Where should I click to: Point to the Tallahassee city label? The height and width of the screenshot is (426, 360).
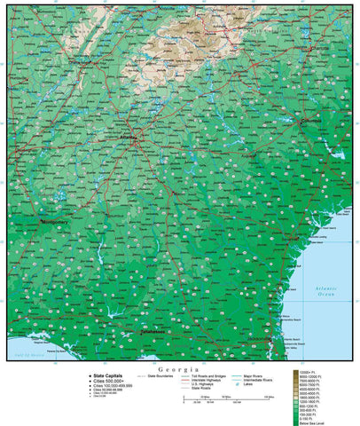131,330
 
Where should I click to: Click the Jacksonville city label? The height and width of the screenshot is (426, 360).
262,338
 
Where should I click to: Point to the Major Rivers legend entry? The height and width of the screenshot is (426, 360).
261,376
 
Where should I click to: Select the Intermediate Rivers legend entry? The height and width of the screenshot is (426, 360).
264,382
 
